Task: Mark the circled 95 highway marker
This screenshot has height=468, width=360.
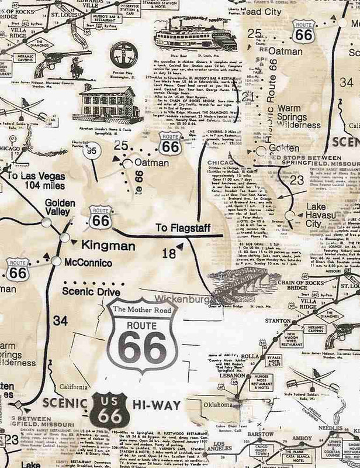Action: (90, 152)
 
